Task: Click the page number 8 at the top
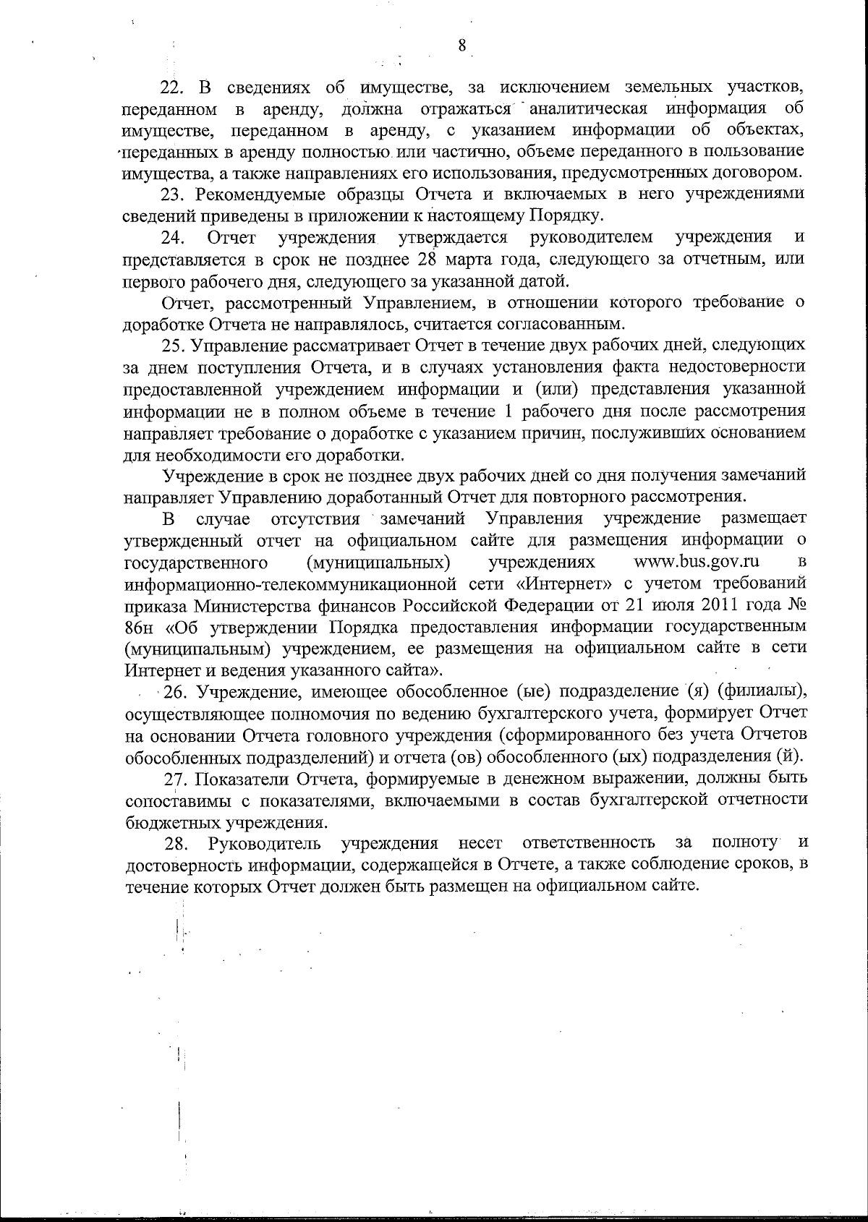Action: click(462, 46)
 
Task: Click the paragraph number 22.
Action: click(173, 88)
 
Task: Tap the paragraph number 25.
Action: click(174, 346)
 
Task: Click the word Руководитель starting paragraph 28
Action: click(265, 843)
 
